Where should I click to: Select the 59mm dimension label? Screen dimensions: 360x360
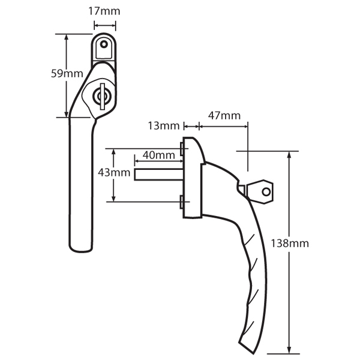[x=66, y=74]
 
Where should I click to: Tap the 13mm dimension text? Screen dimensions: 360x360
[x=164, y=125]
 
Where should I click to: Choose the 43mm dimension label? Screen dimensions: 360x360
[x=113, y=173]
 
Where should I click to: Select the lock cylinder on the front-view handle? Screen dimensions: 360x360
[x=100, y=96]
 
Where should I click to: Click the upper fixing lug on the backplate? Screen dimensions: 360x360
[x=181, y=148]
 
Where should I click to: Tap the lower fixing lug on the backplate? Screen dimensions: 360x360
[x=181, y=202]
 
